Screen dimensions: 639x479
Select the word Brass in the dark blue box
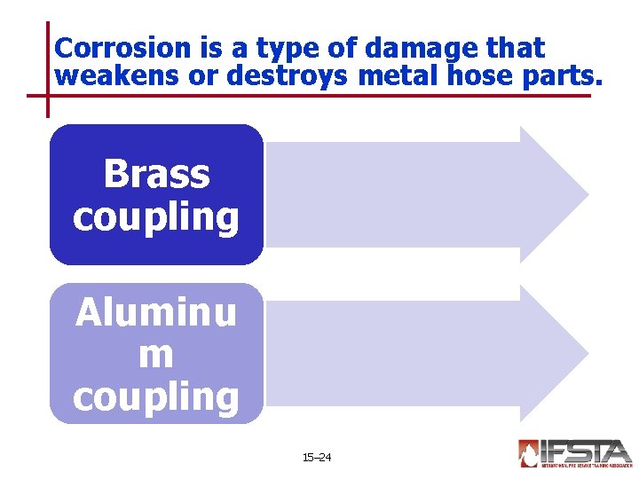(x=156, y=174)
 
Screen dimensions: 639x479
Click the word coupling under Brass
(x=156, y=217)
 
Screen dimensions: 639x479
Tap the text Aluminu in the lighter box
(x=156, y=312)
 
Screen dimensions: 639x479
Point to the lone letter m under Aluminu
(x=156, y=355)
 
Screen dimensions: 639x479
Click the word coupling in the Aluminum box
(x=156, y=397)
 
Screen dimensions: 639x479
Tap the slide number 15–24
(x=317, y=458)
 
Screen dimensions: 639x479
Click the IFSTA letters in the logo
(x=586, y=452)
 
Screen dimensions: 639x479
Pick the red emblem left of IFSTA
(x=528, y=453)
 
